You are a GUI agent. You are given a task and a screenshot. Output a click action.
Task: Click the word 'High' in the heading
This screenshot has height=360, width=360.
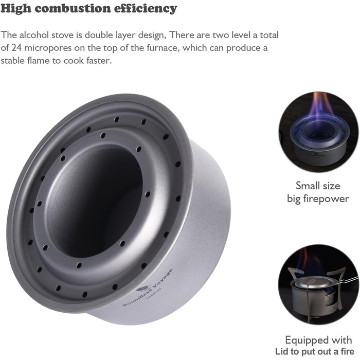pos(16,8)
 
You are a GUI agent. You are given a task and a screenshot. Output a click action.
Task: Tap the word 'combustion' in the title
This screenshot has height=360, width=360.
pos(73,8)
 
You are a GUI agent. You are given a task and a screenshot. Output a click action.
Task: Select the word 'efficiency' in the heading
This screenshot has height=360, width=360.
pos(146,9)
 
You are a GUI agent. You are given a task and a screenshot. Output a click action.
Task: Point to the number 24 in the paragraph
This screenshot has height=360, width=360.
pos(16,48)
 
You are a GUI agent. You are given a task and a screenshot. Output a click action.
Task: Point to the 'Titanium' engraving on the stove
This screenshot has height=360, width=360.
pos(154,294)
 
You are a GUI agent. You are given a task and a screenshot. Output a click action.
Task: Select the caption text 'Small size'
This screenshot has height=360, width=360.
pos(318,186)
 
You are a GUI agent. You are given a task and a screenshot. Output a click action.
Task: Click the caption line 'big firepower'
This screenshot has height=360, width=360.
pos(318,199)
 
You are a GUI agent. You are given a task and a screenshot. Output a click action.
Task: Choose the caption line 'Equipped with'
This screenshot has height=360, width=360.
pos(318,340)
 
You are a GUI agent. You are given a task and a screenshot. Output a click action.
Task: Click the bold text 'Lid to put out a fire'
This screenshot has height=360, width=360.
pos(315,351)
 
